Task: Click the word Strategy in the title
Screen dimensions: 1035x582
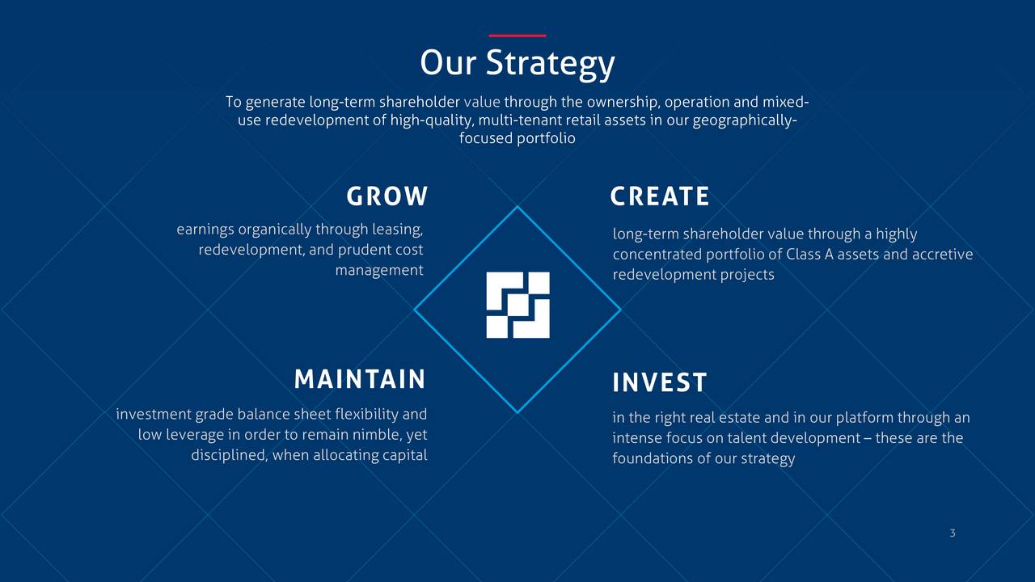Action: (x=550, y=65)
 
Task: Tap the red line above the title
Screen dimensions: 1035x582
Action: (x=517, y=36)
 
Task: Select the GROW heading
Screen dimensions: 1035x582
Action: (x=387, y=196)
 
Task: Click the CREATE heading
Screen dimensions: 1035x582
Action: (x=659, y=196)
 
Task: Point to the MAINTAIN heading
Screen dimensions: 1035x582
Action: (x=360, y=379)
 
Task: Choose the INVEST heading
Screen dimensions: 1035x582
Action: (x=659, y=382)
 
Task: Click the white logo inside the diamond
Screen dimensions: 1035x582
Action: (x=518, y=305)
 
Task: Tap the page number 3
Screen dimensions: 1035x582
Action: (x=953, y=533)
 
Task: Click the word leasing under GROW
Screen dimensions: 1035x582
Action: (x=397, y=230)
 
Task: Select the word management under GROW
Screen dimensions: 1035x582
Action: (x=379, y=270)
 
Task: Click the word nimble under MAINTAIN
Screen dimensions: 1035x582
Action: (x=378, y=435)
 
